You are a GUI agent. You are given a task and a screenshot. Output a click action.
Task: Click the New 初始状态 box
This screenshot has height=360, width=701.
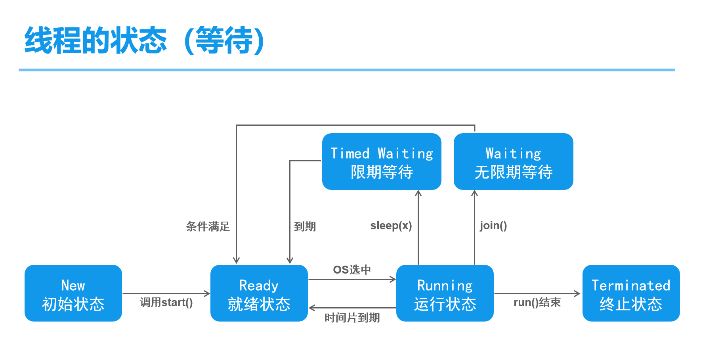coord(73,293)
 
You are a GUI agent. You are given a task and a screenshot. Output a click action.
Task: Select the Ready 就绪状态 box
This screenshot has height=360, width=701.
coord(259,293)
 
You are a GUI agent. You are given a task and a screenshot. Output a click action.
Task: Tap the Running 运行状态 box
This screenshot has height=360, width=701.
coord(445,293)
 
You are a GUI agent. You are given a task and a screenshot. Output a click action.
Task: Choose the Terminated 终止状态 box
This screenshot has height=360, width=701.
coord(631,293)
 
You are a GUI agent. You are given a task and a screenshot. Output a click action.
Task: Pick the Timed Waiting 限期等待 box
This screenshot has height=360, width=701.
coord(382,161)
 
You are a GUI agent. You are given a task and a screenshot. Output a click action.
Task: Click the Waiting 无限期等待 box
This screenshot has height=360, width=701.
coord(514,161)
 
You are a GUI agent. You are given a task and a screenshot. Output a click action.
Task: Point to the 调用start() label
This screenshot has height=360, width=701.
coord(166,303)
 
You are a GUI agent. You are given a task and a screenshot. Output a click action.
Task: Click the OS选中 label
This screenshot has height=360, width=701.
coord(352,270)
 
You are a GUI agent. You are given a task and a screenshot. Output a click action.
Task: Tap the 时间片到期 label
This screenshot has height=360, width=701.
coord(352,318)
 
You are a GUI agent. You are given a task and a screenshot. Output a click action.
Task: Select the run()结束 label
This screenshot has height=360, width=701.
coord(537,303)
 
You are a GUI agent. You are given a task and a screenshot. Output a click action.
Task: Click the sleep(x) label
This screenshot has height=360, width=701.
coord(391,226)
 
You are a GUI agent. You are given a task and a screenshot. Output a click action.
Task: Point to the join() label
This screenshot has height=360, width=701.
coord(493,226)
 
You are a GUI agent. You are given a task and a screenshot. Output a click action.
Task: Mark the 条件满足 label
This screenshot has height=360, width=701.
coord(208,226)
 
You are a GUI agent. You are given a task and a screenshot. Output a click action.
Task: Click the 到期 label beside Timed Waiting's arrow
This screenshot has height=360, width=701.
coord(305,226)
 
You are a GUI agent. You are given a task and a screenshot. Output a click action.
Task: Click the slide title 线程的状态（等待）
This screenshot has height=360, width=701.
coord(145,40)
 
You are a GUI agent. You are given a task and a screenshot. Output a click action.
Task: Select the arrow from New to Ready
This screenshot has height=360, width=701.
coord(166,294)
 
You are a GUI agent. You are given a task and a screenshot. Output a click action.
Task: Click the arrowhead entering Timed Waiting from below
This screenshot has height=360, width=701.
coord(418,193)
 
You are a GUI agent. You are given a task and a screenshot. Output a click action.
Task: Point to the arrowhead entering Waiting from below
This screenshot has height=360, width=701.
coord(474,193)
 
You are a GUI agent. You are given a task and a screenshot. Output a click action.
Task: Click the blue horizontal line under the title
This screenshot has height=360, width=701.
coord(347,70)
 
